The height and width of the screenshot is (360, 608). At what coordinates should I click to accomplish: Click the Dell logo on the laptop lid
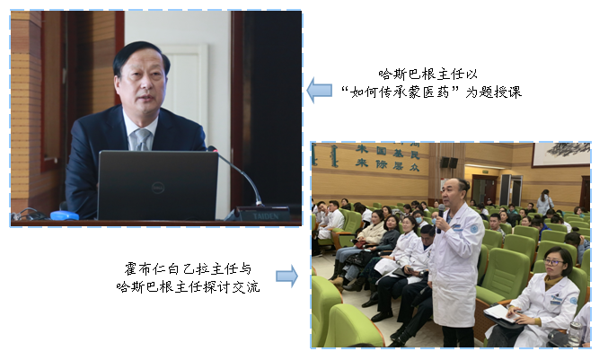158,188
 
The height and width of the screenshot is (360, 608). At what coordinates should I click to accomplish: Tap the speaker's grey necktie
142,139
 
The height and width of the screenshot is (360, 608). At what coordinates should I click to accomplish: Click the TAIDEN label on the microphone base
266,215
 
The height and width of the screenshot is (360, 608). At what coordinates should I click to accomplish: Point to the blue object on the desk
65,215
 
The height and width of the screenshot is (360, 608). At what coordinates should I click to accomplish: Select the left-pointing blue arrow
319,91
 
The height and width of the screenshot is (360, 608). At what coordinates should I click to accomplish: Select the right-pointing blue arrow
287,276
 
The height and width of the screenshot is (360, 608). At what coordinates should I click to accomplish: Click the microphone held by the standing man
440,218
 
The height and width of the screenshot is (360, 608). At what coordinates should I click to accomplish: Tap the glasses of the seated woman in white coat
553,262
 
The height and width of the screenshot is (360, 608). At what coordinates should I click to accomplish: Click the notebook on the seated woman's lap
501,312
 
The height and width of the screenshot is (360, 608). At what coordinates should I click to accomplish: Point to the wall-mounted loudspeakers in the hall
449,162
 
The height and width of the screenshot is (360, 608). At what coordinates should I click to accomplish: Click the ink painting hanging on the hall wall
561,154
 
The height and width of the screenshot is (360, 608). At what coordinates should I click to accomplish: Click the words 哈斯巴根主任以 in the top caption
427,74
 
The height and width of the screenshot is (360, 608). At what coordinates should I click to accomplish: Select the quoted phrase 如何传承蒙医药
400,92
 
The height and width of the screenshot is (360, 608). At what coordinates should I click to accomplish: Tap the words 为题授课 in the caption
494,92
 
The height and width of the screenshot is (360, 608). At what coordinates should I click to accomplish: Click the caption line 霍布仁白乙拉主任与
188,268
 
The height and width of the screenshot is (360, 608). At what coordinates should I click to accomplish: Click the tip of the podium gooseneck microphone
212,148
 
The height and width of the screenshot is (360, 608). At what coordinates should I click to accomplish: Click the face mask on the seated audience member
419,220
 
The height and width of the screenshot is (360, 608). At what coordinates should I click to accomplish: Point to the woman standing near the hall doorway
545,202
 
